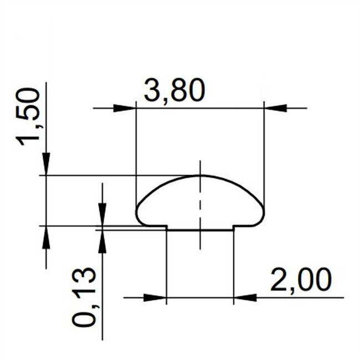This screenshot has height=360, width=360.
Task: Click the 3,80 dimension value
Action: (x=174, y=91)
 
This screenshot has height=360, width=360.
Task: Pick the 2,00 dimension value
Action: (x=300, y=281)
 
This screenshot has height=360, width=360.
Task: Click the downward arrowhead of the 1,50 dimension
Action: (x=46, y=164)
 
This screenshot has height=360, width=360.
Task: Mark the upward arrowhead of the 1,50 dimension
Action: (x=46, y=237)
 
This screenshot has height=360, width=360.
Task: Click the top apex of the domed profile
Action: (x=200, y=176)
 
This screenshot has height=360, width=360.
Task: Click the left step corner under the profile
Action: (x=167, y=226)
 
